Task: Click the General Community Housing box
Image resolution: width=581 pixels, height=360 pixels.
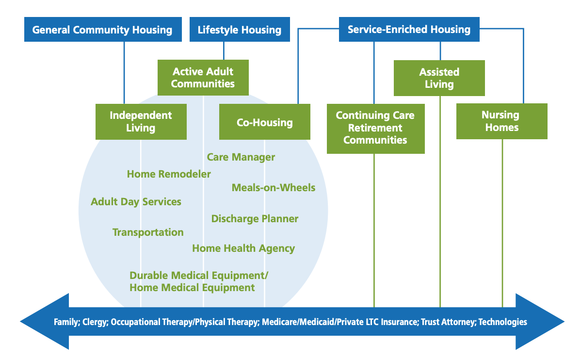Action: [x=102, y=30]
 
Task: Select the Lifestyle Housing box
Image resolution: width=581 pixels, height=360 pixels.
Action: [x=239, y=30]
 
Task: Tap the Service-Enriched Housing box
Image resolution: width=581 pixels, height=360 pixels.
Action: [x=409, y=29]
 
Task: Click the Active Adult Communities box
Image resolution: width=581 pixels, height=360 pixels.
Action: [x=203, y=78]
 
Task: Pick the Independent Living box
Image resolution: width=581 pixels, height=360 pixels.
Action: [x=141, y=122]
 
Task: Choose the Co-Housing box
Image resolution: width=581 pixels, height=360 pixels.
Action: [x=264, y=122]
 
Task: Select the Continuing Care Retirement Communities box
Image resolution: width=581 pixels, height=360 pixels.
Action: [x=375, y=128]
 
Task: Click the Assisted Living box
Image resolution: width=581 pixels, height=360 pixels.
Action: [x=439, y=78]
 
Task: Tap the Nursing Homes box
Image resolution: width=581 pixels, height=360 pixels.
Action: [x=501, y=121]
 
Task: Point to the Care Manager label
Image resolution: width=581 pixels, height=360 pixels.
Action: [x=241, y=157]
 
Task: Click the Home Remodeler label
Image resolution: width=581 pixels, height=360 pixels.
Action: [x=169, y=174]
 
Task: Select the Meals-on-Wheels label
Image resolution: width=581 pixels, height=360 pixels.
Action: [x=274, y=188]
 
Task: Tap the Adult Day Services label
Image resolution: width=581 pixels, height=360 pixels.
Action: [x=136, y=202]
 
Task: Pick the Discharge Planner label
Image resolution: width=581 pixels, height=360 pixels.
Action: [x=255, y=219]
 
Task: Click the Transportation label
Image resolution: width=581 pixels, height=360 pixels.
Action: [x=148, y=232]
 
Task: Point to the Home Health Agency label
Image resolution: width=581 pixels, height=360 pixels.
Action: [x=243, y=248]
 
